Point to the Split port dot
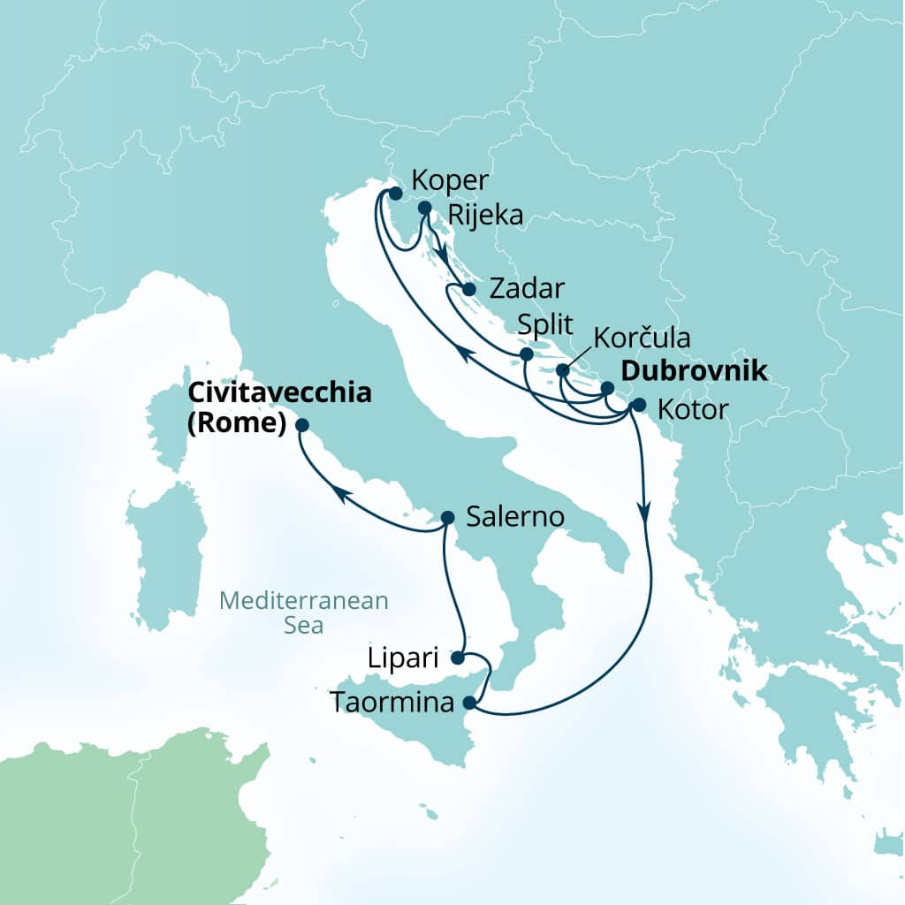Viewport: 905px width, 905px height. pyautogui.click(x=526, y=354)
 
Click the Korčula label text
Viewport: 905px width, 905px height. pyautogui.click(x=642, y=338)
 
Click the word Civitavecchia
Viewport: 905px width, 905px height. pyautogui.click(x=278, y=394)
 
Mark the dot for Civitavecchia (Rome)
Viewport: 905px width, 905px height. pyautogui.click(x=302, y=424)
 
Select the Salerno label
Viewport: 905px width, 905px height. pyautogui.click(x=515, y=517)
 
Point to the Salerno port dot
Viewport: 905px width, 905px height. pyautogui.click(x=447, y=518)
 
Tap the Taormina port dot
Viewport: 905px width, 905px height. pyautogui.click(x=470, y=704)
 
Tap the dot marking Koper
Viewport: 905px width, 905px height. pyautogui.click(x=395, y=193)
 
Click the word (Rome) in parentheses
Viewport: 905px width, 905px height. pyautogui.click(x=236, y=424)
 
